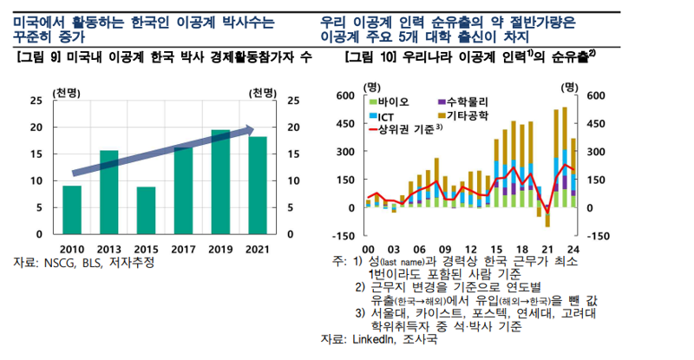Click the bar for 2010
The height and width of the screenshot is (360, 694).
[x=72, y=210]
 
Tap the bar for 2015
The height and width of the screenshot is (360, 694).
[x=146, y=211]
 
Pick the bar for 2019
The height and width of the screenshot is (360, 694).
[x=220, y=182]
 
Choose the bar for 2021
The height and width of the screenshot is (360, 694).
[x=258, y=186]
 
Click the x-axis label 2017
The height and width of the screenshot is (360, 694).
[x=184, y=250]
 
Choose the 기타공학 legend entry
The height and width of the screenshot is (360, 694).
[x=469, y=115]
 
